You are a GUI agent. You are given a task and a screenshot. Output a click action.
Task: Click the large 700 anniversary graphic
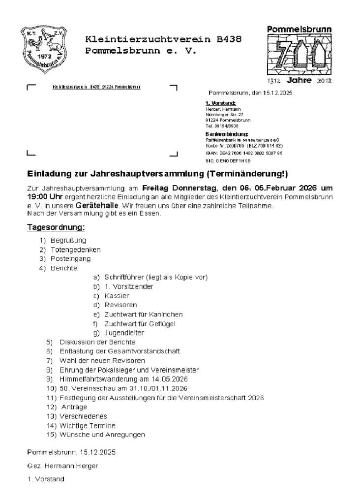click(x=300, y=54)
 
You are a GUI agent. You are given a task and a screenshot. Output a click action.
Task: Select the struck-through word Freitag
click(x=155, y=188)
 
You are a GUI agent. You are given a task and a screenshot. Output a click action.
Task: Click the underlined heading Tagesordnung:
click(x=56, y=227)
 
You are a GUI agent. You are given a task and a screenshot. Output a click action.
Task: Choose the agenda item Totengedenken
click(x=75, y=250)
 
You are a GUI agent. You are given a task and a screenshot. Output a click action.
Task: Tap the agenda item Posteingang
click(x=70, y=258)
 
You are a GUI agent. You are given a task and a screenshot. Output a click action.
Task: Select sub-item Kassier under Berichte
click(x=117, y=296)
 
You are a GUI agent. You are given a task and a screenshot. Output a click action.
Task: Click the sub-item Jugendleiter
click(x=124, y=333)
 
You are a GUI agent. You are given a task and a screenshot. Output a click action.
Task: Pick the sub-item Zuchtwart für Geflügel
click(x=140, y=323)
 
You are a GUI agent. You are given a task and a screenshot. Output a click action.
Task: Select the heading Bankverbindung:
click(x=226, y=134)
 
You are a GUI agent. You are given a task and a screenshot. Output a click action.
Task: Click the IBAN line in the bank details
click(x=243, y=153)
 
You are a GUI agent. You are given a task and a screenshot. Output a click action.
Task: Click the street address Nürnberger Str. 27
click(x=224, y=114)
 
